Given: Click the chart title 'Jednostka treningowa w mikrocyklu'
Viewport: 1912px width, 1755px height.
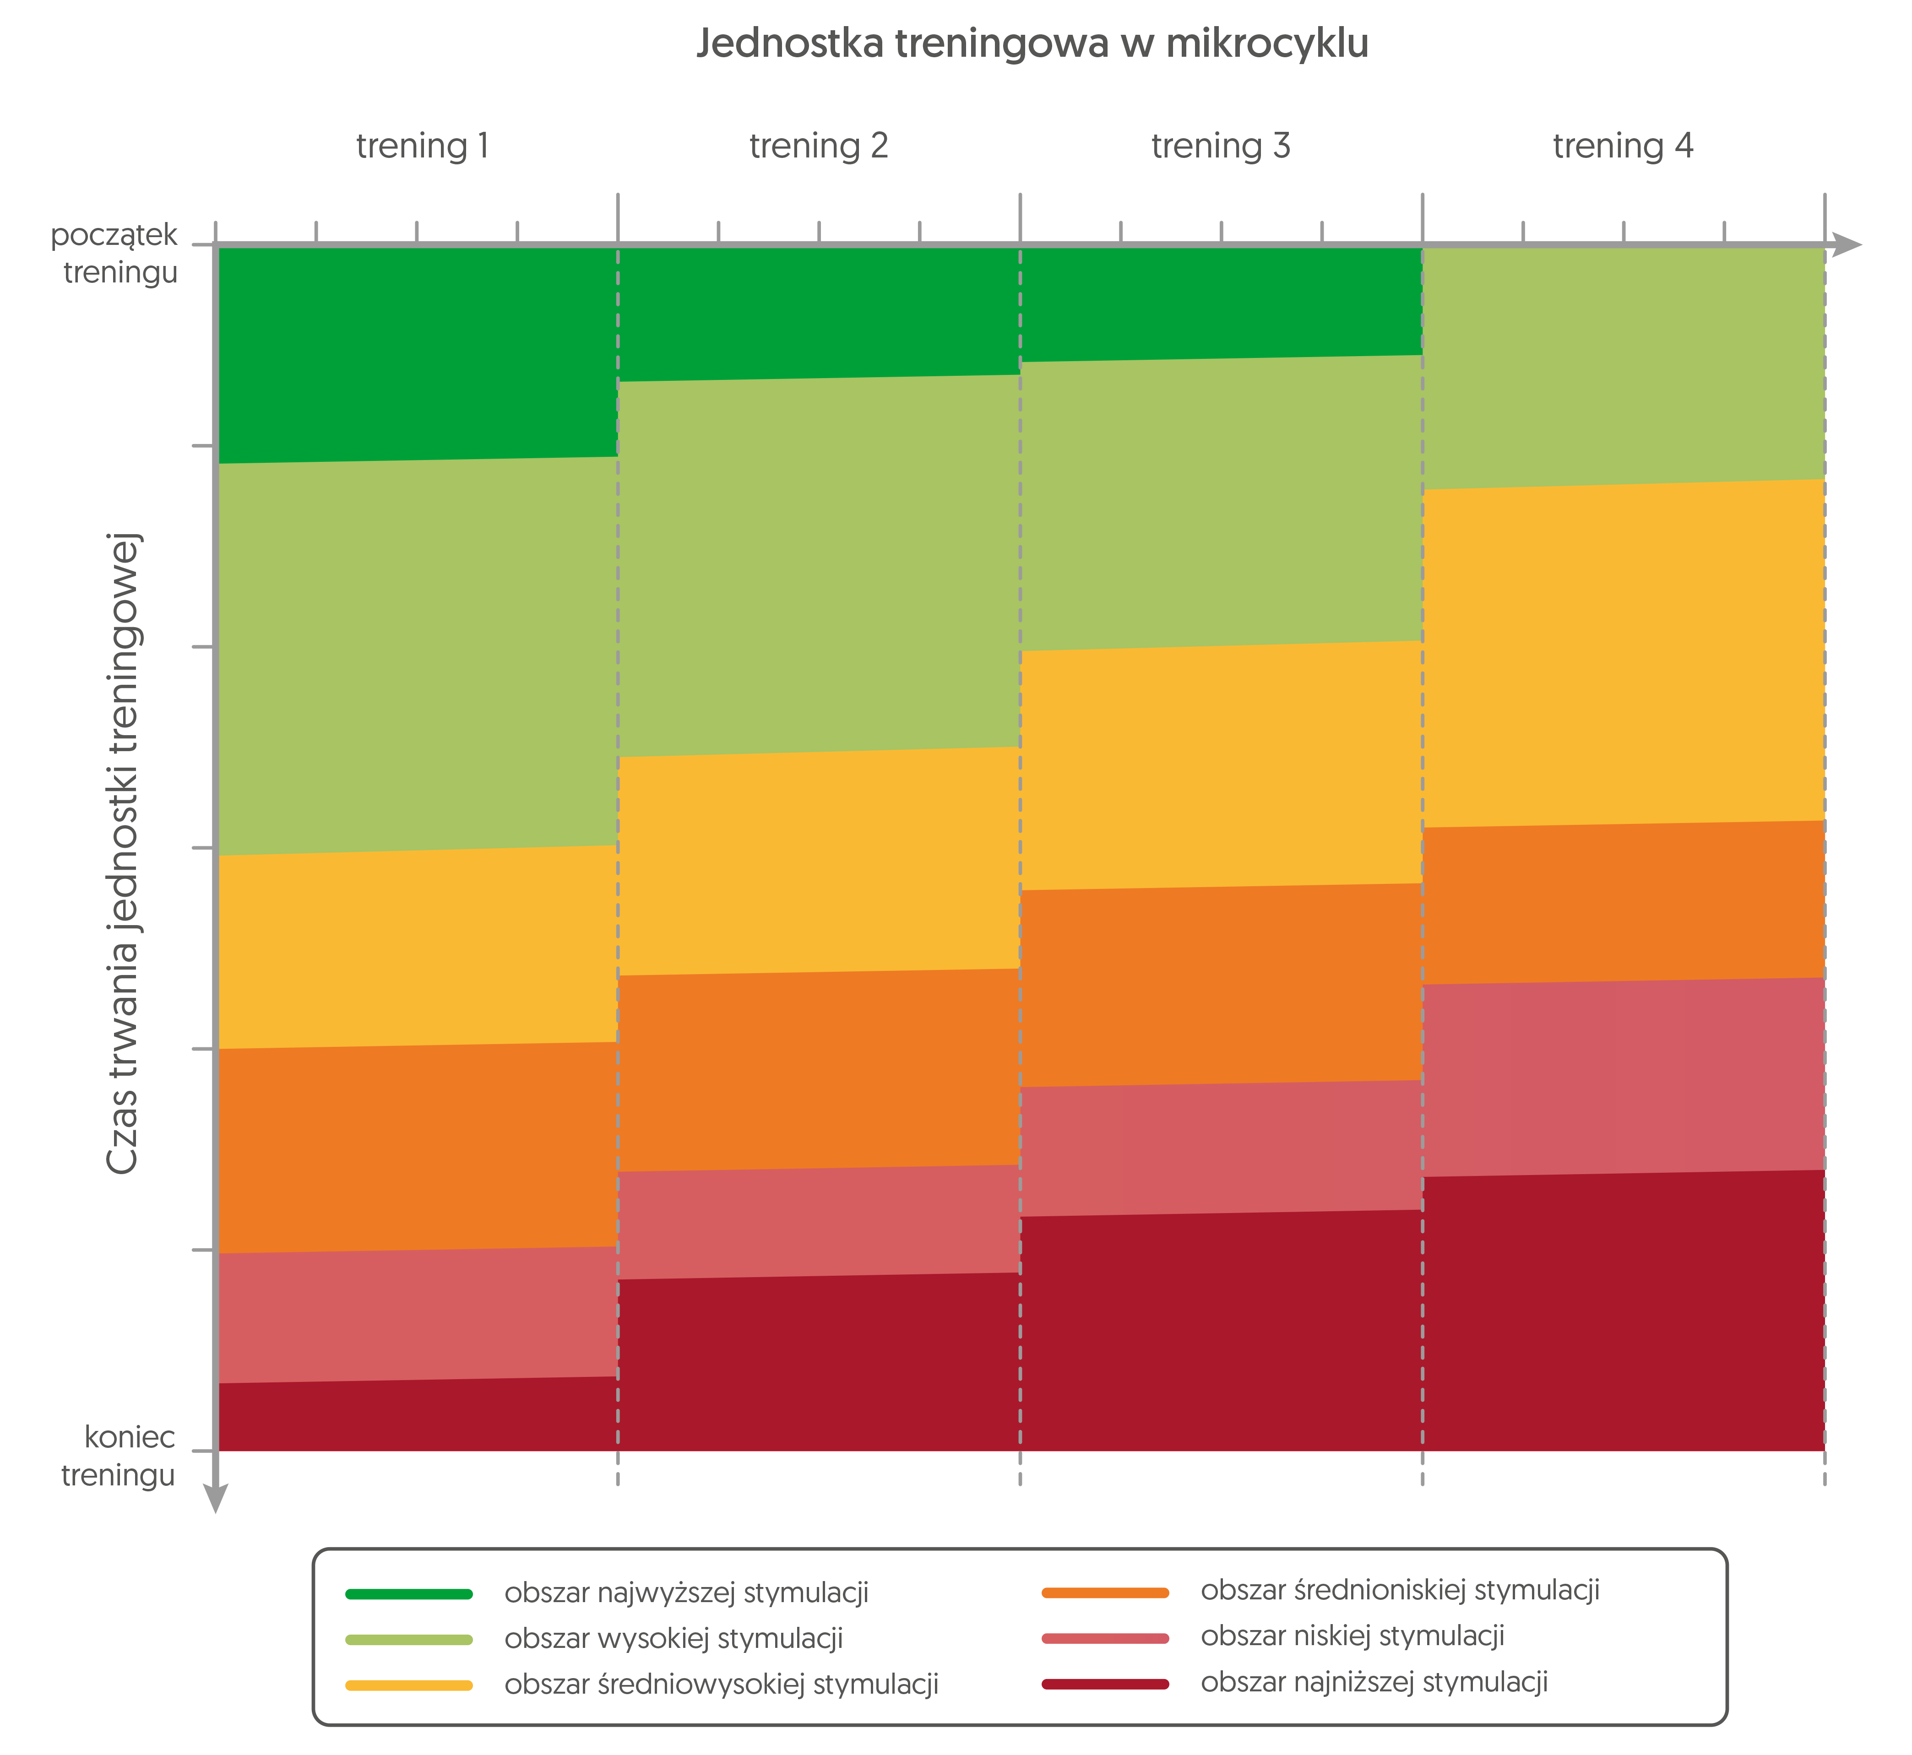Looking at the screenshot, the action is [1032, 43].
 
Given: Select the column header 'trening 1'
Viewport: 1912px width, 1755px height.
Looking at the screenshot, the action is [423, 146].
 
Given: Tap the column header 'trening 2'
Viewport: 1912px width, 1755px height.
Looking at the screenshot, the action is [819, 146].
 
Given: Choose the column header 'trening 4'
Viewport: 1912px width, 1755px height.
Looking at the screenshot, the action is [1623, 146].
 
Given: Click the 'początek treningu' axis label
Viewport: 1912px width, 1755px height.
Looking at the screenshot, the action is [114, 254].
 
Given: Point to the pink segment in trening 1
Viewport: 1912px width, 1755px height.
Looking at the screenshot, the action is [418, 1315].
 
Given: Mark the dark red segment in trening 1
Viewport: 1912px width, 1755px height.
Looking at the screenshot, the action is [418, 1415].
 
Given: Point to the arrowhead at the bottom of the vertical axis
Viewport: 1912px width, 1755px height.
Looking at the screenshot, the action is [217, 1498].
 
